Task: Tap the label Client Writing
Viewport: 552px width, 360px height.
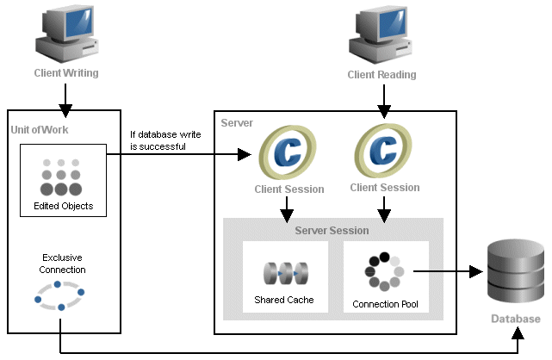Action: [66, 73]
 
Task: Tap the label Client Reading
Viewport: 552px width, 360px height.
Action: [381, 74]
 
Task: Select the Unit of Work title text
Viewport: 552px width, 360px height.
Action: [39, 129]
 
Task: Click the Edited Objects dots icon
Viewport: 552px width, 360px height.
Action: [61, 176]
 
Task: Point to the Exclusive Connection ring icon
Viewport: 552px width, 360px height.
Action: [59, 295]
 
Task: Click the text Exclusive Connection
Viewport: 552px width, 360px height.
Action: [62, 263]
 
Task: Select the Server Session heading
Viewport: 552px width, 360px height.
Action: [332, 231]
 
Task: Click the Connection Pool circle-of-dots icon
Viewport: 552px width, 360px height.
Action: [383, 272]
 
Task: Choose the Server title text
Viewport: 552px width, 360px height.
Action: [237, 123]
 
